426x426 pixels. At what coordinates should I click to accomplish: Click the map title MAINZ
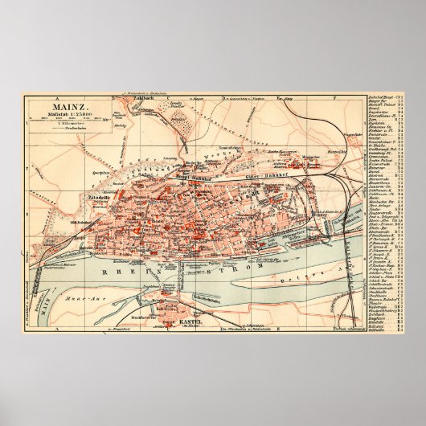click(60, 104)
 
